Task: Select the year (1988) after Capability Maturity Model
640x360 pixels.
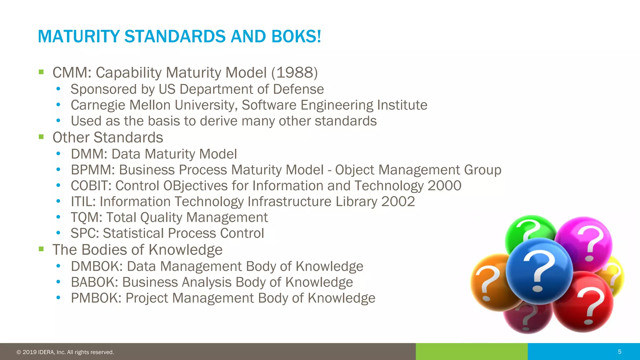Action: [x=294, y=73]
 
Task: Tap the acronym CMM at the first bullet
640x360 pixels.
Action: [x=71, y=73]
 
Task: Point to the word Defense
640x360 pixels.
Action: [x=298, y=89]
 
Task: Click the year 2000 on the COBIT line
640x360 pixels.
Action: [x=444, y=186]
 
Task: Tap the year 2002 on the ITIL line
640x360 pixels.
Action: [x=398, y=202]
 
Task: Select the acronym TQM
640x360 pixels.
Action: [x=85, y=217]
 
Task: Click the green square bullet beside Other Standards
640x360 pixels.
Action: [x=41, y=137]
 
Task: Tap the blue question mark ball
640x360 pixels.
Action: [x=539, y=271]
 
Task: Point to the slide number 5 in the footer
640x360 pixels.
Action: [x=620, y=352]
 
